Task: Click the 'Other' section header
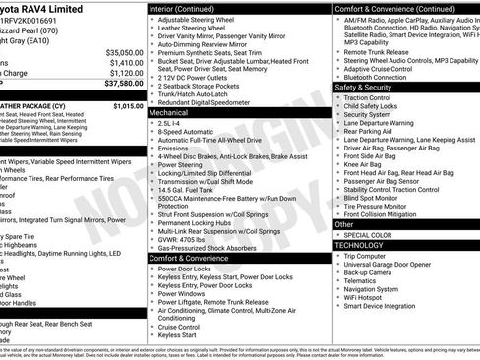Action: pos(344,224)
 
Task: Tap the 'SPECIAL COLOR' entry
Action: pos(369,234)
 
